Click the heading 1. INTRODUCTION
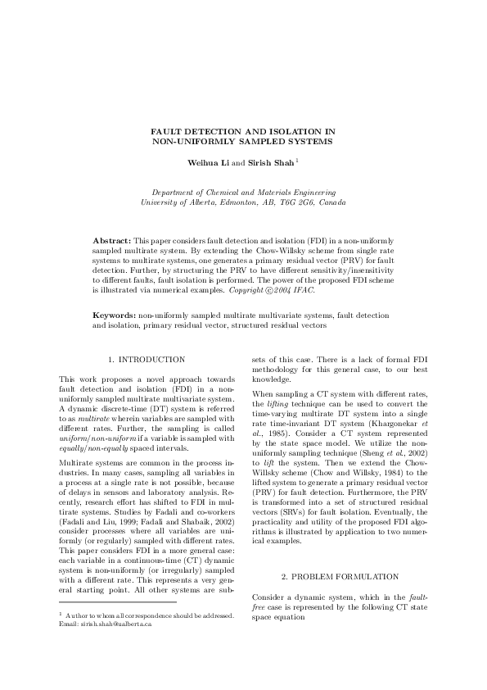coord(147,360)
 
